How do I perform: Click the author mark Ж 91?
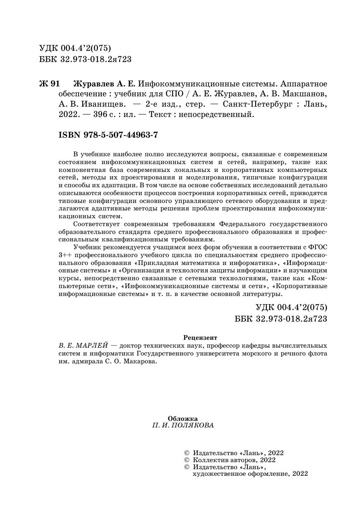(49, 84)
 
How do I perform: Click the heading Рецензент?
(200, 337)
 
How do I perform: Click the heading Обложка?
(183, 418)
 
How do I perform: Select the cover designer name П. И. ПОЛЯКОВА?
(183, 425)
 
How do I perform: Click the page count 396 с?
(104, 115)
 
